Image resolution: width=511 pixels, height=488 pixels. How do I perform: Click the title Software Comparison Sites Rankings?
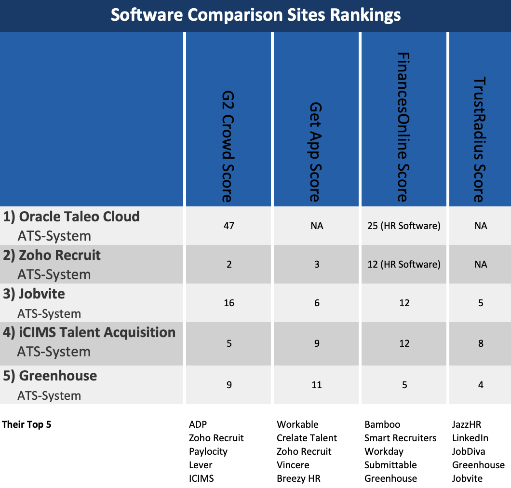coord(255,15)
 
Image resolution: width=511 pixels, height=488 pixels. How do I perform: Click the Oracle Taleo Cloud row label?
coord(71,217)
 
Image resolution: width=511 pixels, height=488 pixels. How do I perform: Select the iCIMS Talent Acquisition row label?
coord(89,332)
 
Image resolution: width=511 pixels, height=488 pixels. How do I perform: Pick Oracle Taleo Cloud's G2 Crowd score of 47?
coord(229,226)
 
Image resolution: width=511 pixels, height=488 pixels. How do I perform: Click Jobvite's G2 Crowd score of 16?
coord(229,303)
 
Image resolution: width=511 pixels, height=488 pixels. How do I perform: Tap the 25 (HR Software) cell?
coord(404,226)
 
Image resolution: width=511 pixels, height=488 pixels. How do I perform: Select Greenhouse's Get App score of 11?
coord(317,385)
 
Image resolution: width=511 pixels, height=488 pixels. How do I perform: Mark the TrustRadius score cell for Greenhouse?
coord(481,385)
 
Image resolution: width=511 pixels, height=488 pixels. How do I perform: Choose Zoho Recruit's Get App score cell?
coord(317,264)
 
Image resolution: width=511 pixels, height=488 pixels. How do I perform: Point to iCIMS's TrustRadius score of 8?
coord(481,344)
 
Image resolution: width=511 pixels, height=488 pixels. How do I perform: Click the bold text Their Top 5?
coord(27,425)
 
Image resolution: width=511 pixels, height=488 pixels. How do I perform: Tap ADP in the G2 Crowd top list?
coord(198,425)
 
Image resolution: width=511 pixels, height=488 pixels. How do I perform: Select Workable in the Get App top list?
coord(297,425)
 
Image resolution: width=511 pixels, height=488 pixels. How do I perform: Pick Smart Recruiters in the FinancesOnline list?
coord(400,438)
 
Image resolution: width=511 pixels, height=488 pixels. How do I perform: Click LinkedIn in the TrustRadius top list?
coord(470,438)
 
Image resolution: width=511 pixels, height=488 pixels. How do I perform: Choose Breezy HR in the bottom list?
coord(298,479)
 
